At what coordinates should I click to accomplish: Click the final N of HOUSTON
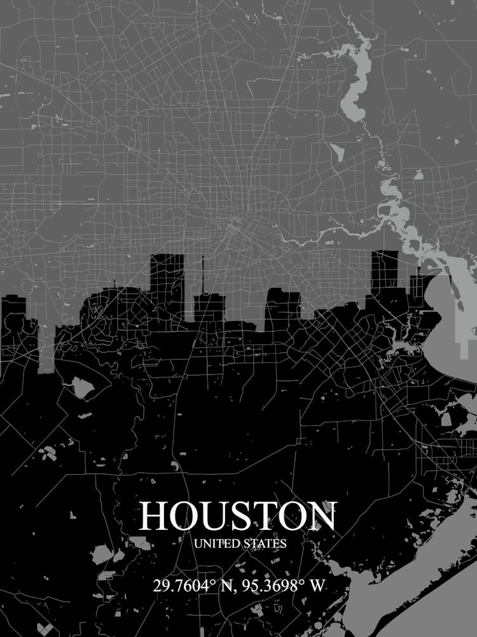pyautogui.click(x=321, y=516)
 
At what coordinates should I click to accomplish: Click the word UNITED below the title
pyautogui.click(x=217, y=544)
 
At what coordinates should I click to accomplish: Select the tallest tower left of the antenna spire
pyautogui.click(x=167, y=280)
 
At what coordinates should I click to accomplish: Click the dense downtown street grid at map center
pyautogui.click(x=238, y=226)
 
